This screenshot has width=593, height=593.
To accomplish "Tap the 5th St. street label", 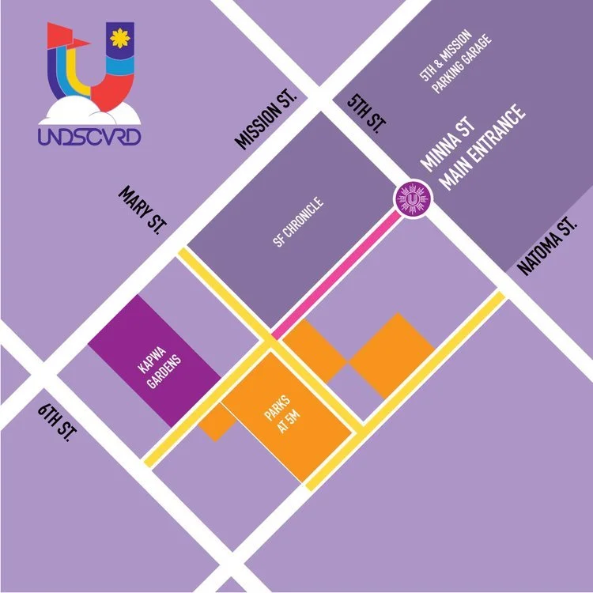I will pyautogui.click(x=365, y=114).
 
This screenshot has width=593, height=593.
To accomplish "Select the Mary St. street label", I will pyautogui.click(x=142, y=209).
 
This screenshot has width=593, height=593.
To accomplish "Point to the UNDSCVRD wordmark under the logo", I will pyautogui.click(x=89, y=136).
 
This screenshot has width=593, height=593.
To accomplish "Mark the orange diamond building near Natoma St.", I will pyautogui.click(x=391, y=355).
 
